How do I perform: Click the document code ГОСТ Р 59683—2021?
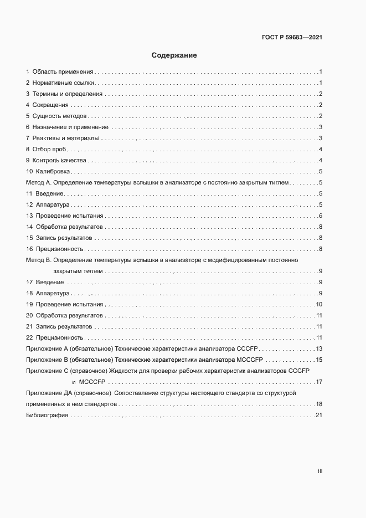(291, 38)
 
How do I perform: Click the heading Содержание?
(174, 55)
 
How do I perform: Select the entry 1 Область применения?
(59, 72)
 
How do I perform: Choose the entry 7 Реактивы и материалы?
(62, 138)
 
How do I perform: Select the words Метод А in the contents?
(38, 183)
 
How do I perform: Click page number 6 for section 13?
(321, 216)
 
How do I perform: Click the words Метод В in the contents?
(38, 260)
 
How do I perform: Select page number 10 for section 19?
(319, 305)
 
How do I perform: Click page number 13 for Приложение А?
(319, 348)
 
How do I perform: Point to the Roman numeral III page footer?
(319, 471)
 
